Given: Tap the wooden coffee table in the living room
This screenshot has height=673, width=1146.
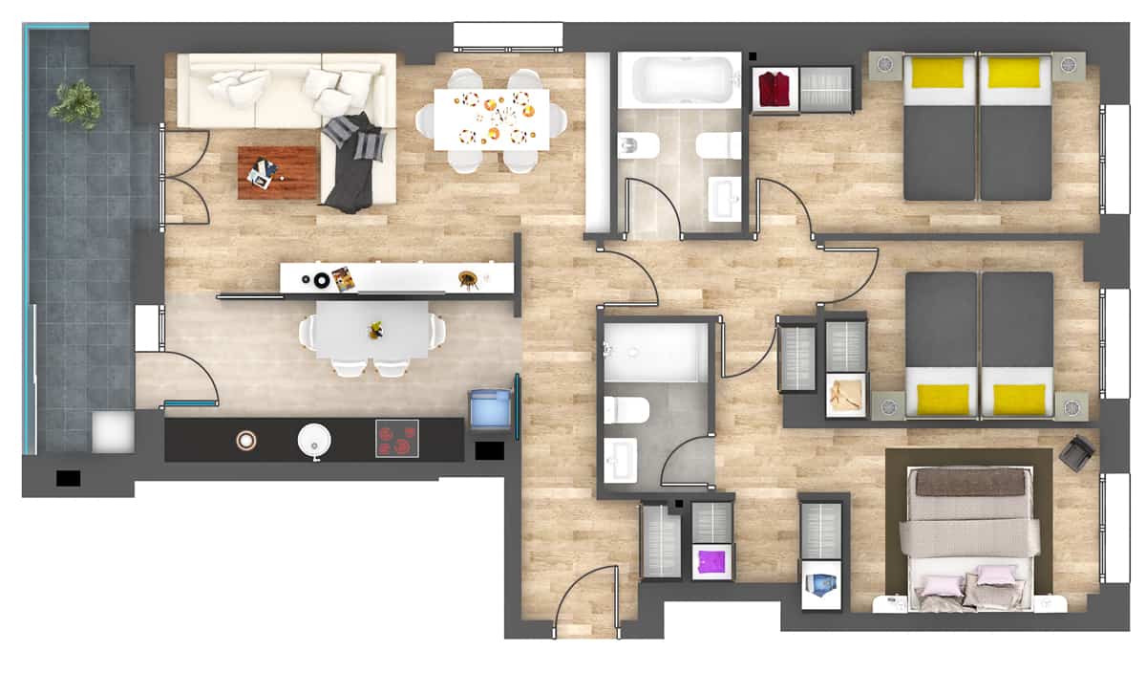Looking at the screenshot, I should point(277,172).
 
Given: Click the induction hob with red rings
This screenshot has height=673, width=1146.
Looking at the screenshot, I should point(397,439).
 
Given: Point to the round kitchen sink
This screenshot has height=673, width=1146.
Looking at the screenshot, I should point(315,441).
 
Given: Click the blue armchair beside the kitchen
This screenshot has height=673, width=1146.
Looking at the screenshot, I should point(491,409).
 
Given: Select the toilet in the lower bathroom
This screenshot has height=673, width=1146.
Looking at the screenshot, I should point(626,410).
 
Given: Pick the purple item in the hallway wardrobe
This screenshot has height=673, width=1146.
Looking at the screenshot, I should point(711,560).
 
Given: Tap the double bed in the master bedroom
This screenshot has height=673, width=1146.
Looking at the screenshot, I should point(968,535).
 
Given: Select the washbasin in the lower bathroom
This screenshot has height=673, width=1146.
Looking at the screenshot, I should point(621,461).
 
